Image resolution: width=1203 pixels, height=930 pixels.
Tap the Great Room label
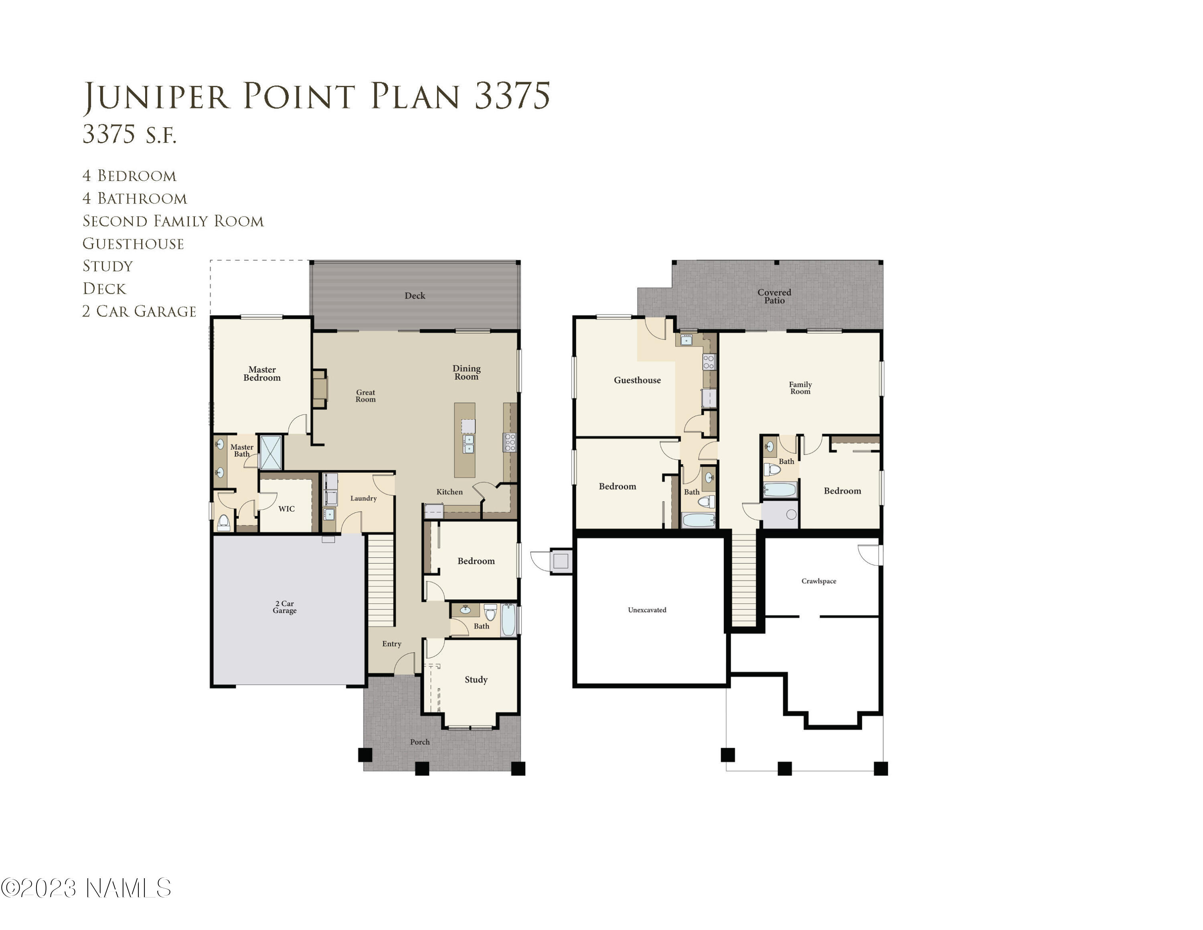click(365, 396)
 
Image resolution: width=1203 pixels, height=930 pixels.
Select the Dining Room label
click(466, 372)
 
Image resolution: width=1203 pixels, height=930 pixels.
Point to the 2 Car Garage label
click(285, 607)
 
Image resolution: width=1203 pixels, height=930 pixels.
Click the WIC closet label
click(286, 508)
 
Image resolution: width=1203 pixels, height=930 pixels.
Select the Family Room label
click(800, 388)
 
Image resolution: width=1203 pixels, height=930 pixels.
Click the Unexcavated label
click(647, 609)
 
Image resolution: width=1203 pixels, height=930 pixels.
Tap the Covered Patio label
click(774, 296)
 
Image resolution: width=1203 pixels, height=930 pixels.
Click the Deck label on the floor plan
click(414, 295)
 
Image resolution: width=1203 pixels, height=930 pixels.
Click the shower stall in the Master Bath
click(270, 452)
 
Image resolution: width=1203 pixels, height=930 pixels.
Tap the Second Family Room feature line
click(173, 221)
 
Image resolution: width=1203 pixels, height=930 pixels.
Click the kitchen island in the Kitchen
click(464, 440)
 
